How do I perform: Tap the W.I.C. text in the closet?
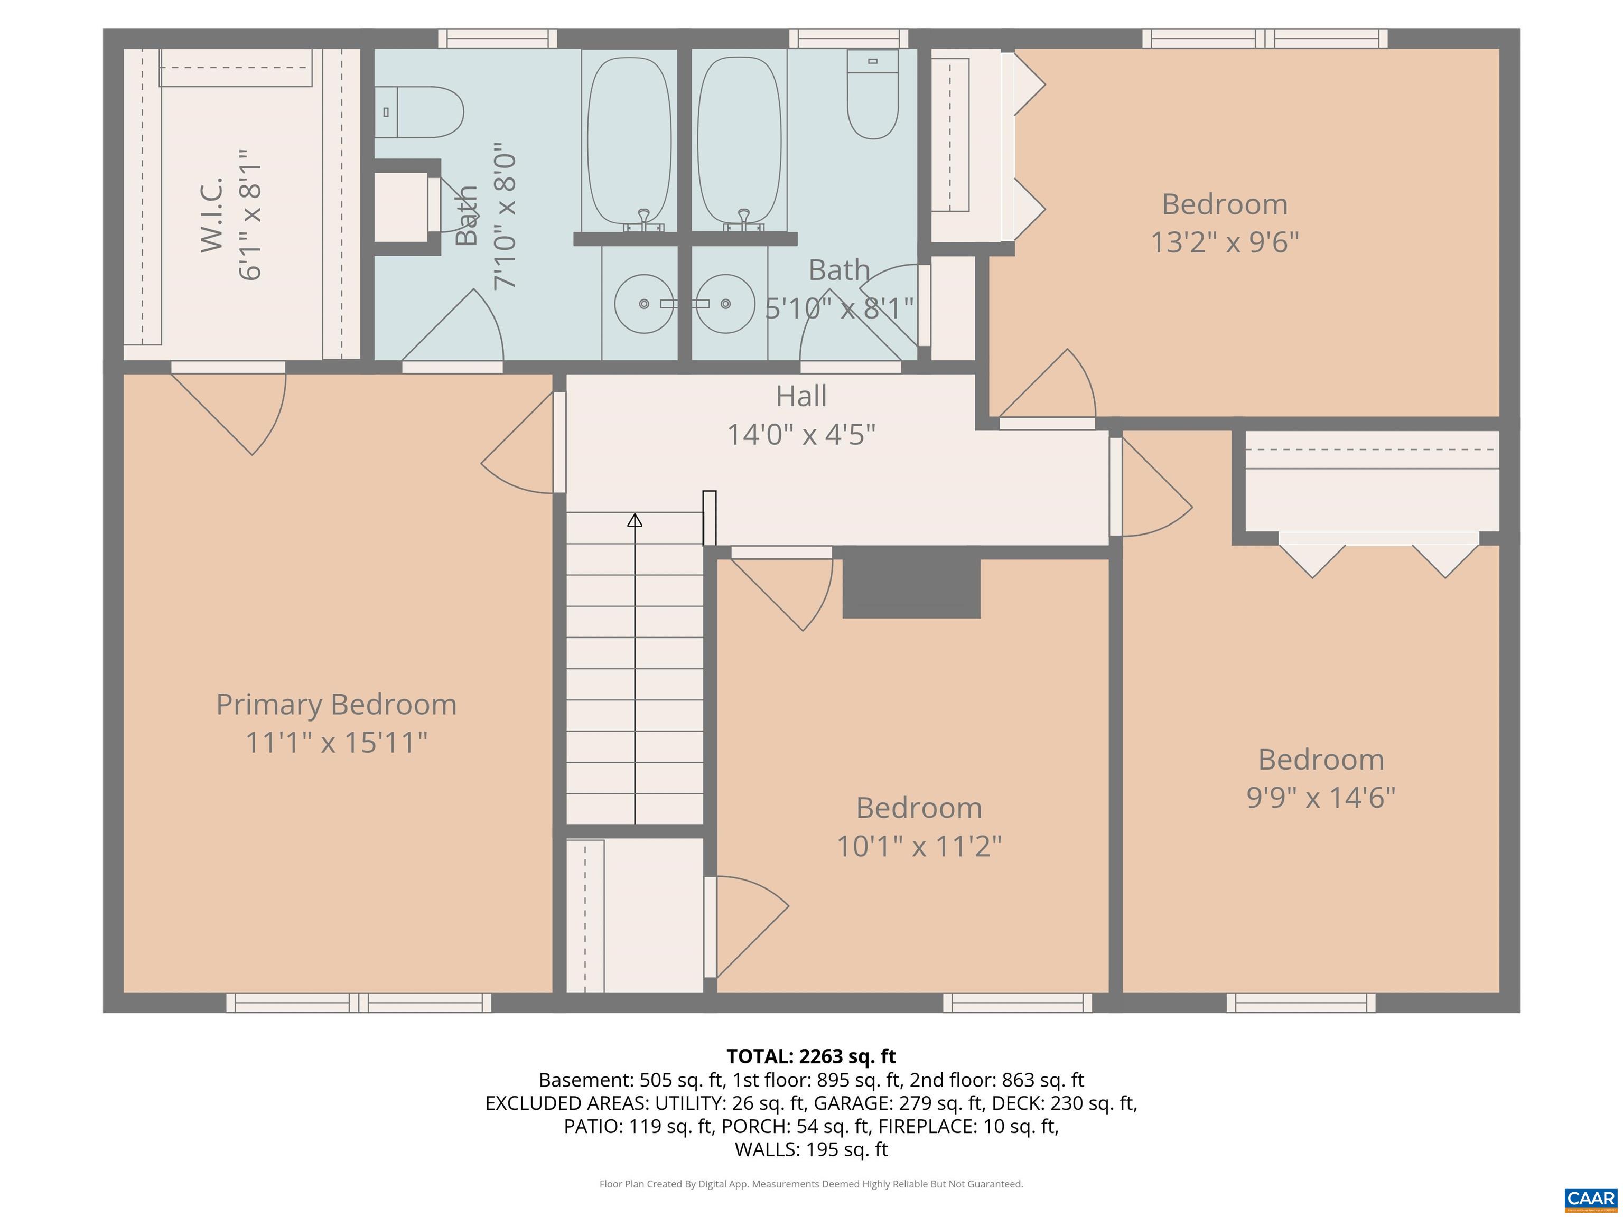(212, 214)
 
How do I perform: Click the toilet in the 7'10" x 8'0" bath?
(419, 112)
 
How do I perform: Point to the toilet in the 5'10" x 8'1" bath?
(872, 94)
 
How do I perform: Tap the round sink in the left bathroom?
(643, 304)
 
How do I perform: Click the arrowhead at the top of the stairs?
(635, 520)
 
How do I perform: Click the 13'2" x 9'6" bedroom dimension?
(1224, 242)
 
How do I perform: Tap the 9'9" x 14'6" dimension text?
(1321, 798)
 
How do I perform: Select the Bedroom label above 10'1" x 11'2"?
(919, 808)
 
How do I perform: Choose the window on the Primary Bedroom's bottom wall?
(358, 1003)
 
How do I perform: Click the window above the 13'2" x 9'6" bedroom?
(1264, 38)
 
